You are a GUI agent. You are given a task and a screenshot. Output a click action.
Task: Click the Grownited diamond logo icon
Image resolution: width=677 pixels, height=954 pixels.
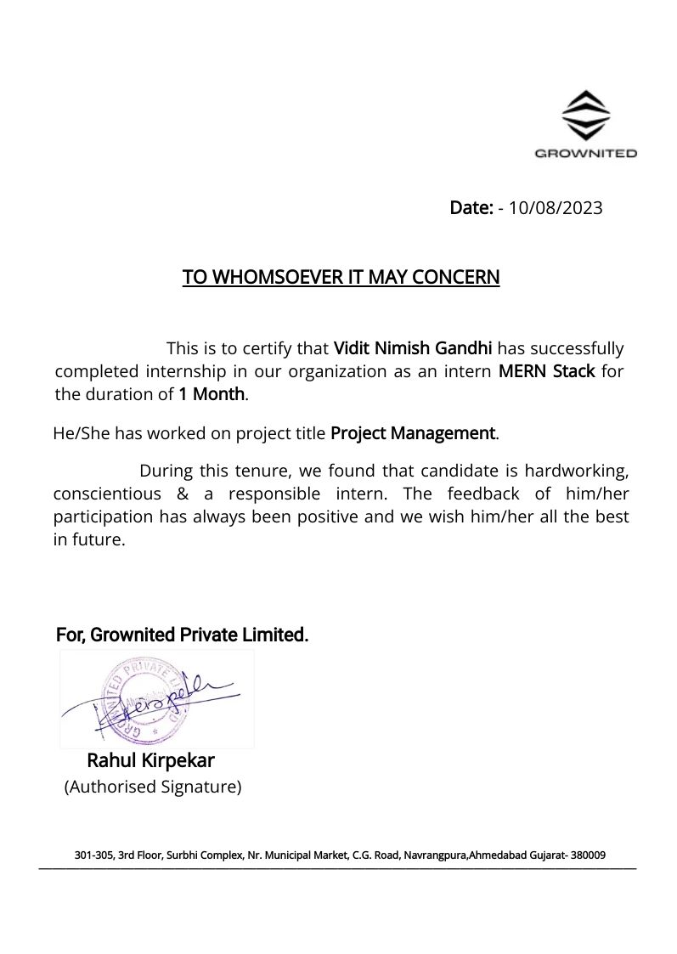pos(586,116)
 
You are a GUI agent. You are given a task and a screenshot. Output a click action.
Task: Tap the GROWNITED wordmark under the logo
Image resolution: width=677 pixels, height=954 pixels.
pos(586,154)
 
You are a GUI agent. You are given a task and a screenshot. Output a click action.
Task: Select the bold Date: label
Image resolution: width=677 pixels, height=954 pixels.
pos(471,208)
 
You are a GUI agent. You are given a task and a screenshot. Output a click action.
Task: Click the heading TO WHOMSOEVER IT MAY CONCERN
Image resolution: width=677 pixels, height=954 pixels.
pos(341,278)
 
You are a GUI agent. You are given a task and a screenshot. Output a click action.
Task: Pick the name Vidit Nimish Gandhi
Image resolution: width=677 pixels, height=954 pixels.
pos(413,348)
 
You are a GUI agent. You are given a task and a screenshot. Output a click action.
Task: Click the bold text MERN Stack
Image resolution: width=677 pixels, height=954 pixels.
pos(546,371)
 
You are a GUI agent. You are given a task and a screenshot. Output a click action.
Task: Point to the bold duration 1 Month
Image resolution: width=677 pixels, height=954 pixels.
pos(212,394)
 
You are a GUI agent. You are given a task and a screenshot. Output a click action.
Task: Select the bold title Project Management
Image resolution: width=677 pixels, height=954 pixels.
pos(412,433)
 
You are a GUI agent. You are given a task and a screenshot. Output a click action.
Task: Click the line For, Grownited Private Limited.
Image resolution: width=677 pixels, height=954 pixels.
pos(182,635)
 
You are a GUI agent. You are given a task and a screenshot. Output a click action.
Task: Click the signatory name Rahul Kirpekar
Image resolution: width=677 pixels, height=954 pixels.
pos(150,760)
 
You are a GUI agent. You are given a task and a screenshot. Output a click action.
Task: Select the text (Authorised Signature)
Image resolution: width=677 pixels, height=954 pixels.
pos(153,787)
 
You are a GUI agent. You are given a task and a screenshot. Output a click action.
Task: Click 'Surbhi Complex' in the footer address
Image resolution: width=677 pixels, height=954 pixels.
pos(204,855)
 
